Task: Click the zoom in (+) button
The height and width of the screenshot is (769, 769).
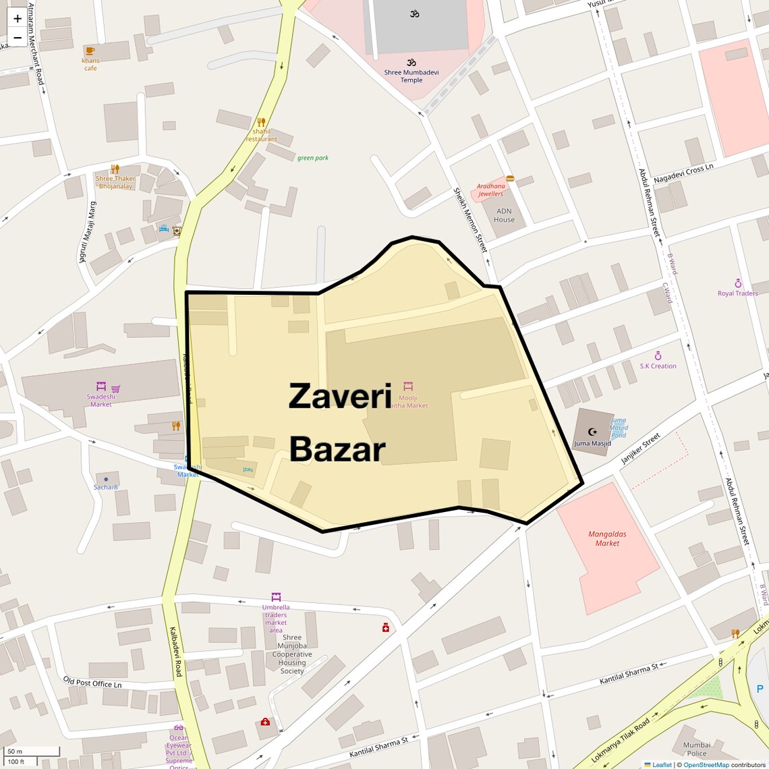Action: click(x=18, y=18)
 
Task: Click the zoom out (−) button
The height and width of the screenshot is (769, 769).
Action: click(x=18, y=37)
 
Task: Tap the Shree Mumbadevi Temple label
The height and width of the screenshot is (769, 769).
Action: click(x=411, y=76)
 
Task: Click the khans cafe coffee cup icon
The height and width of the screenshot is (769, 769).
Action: click(x=90, y=51)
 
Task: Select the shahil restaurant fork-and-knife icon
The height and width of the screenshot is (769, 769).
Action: click(x=261, y=122)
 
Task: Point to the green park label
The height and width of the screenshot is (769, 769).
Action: click(x=313, y=158)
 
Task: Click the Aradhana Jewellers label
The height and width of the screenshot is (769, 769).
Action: click(x=490, y=190)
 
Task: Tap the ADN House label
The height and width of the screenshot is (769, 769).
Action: click(x=504, y=215)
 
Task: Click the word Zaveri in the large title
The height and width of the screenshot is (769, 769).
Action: click(x=340, y=396)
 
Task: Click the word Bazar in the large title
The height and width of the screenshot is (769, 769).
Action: click(x=337, y=449)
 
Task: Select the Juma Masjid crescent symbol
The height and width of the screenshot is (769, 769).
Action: click(x=592, y=432)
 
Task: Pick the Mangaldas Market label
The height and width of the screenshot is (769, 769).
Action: click(x=607, y=538)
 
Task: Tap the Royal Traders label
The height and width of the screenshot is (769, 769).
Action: click(x=737, y=293)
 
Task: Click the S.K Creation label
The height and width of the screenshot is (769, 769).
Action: click(x=658, y=366)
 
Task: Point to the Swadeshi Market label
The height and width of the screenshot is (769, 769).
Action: click(x=101, y=400)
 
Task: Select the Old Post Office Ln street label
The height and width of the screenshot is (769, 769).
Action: click(x=92, y=683)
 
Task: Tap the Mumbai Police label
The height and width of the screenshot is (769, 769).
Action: click(x=697, y=749)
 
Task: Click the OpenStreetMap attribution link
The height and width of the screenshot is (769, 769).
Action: click(x=706, y=765)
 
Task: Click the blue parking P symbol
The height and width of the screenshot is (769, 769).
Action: click(x=760, y=689)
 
